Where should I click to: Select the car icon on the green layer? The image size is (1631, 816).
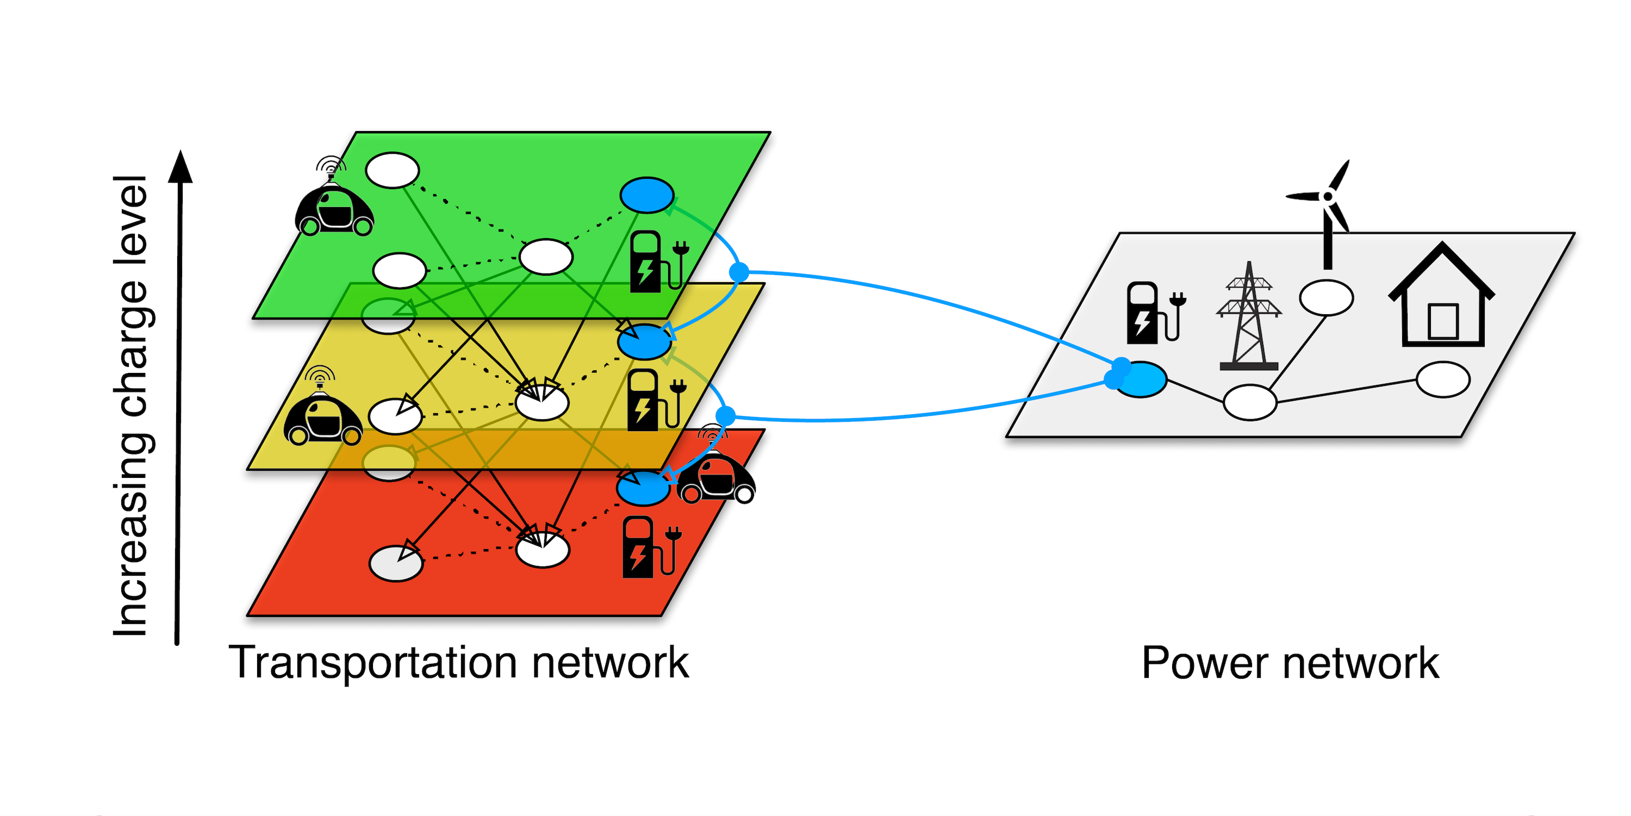[334, 205]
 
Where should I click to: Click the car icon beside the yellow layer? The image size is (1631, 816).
[322, 414]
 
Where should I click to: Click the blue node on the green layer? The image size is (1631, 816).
[646, 195]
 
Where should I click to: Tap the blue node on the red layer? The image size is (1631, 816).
[643, 489]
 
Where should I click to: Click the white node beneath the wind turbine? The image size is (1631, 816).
[1326, 297]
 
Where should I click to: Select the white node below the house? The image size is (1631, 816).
[1442, 380]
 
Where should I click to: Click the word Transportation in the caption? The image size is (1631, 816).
[373, 663]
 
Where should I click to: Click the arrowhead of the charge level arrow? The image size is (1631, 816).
[180, 166]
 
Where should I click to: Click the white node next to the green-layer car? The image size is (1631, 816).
[393, 170]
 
